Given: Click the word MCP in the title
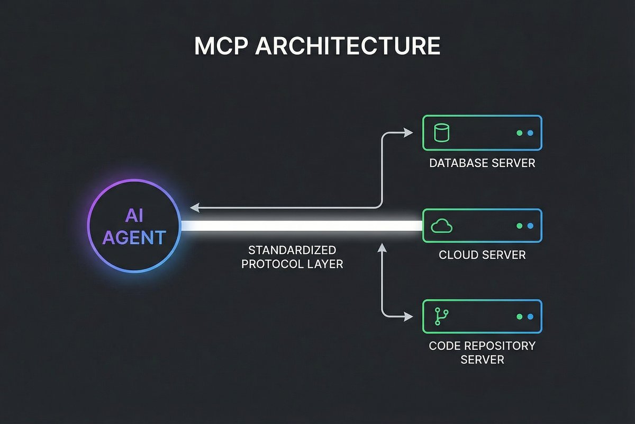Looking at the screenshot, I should [x=221, y=46].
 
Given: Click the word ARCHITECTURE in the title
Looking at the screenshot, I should [x=348, y=46].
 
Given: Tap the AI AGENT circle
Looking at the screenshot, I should [x=134, y=226].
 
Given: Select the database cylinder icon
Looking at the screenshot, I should [x=441, y=133].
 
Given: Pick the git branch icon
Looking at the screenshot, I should [x=440, y=316].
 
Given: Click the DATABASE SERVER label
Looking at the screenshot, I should [x=482, y=163].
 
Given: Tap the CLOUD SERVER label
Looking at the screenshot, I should [x=482, y=255].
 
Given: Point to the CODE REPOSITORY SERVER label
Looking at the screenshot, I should [x=482, y=352].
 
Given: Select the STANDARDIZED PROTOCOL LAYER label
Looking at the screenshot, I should [x=292, y=256].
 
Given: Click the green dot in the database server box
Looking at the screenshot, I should [x=519, y=133].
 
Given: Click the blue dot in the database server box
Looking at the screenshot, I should [x=529, y=133].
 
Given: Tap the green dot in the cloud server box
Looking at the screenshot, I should [x=519, y=226].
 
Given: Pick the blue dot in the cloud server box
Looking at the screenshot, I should [x=529, y=226].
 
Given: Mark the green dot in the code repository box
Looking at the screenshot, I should [x=519, y=316].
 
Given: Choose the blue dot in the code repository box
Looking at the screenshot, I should [x=529, y=316].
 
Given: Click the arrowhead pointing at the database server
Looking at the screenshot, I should [x=408, y=133].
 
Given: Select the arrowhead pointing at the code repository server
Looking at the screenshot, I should [x=408, y=316].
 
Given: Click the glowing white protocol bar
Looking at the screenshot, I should [x=302, y=226].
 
